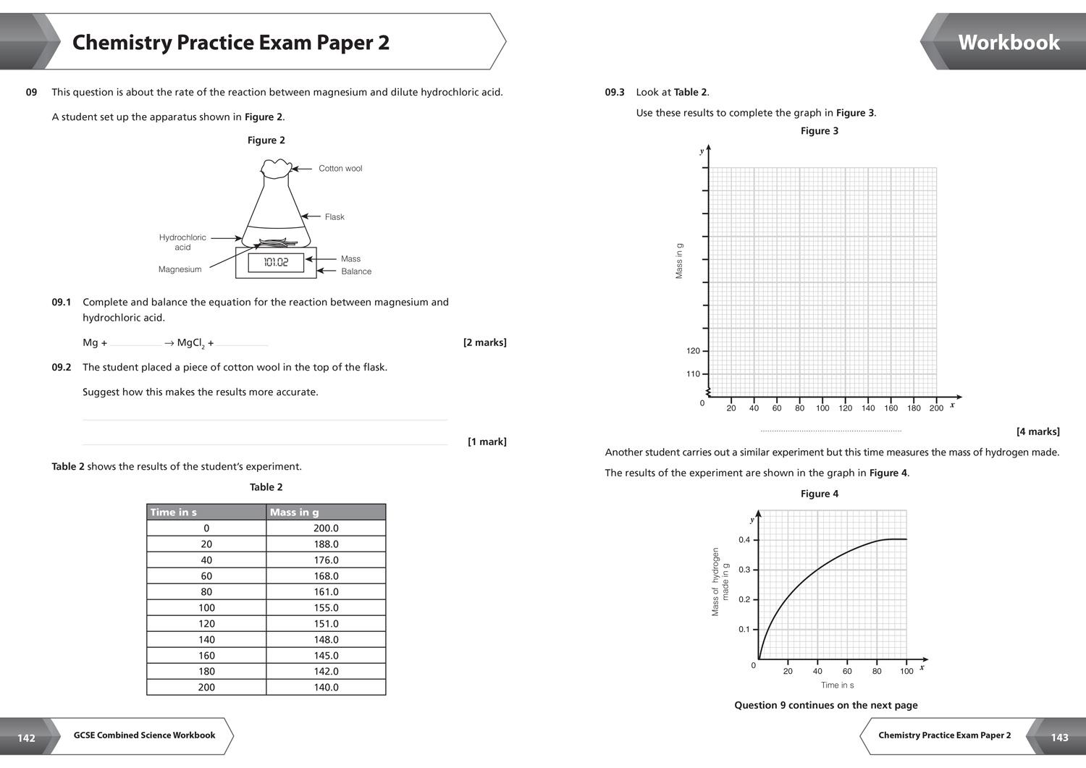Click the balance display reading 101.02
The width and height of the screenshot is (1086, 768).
275,262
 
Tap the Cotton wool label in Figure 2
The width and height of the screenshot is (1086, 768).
340,169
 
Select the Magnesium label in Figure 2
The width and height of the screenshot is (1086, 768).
180,269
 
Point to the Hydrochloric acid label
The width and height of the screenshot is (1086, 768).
182,242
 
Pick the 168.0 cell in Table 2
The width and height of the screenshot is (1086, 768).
326,576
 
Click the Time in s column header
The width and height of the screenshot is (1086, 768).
174,512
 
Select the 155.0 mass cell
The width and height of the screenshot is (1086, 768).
326,608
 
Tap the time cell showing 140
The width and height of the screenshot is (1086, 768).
206,640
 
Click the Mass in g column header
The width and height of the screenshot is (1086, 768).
294,512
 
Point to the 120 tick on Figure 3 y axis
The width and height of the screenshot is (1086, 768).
694,351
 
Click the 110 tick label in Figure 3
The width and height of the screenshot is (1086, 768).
694,374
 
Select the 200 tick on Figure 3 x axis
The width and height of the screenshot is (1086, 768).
936,408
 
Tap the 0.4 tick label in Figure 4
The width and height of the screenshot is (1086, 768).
744,540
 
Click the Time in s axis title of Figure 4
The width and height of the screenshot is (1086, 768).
837,685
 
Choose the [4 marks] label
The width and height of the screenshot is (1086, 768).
1037,431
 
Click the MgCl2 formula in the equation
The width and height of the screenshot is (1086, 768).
190,343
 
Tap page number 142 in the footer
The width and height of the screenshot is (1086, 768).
26,738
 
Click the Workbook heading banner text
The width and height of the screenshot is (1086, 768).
1009,42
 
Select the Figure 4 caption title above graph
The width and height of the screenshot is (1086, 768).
819,494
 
